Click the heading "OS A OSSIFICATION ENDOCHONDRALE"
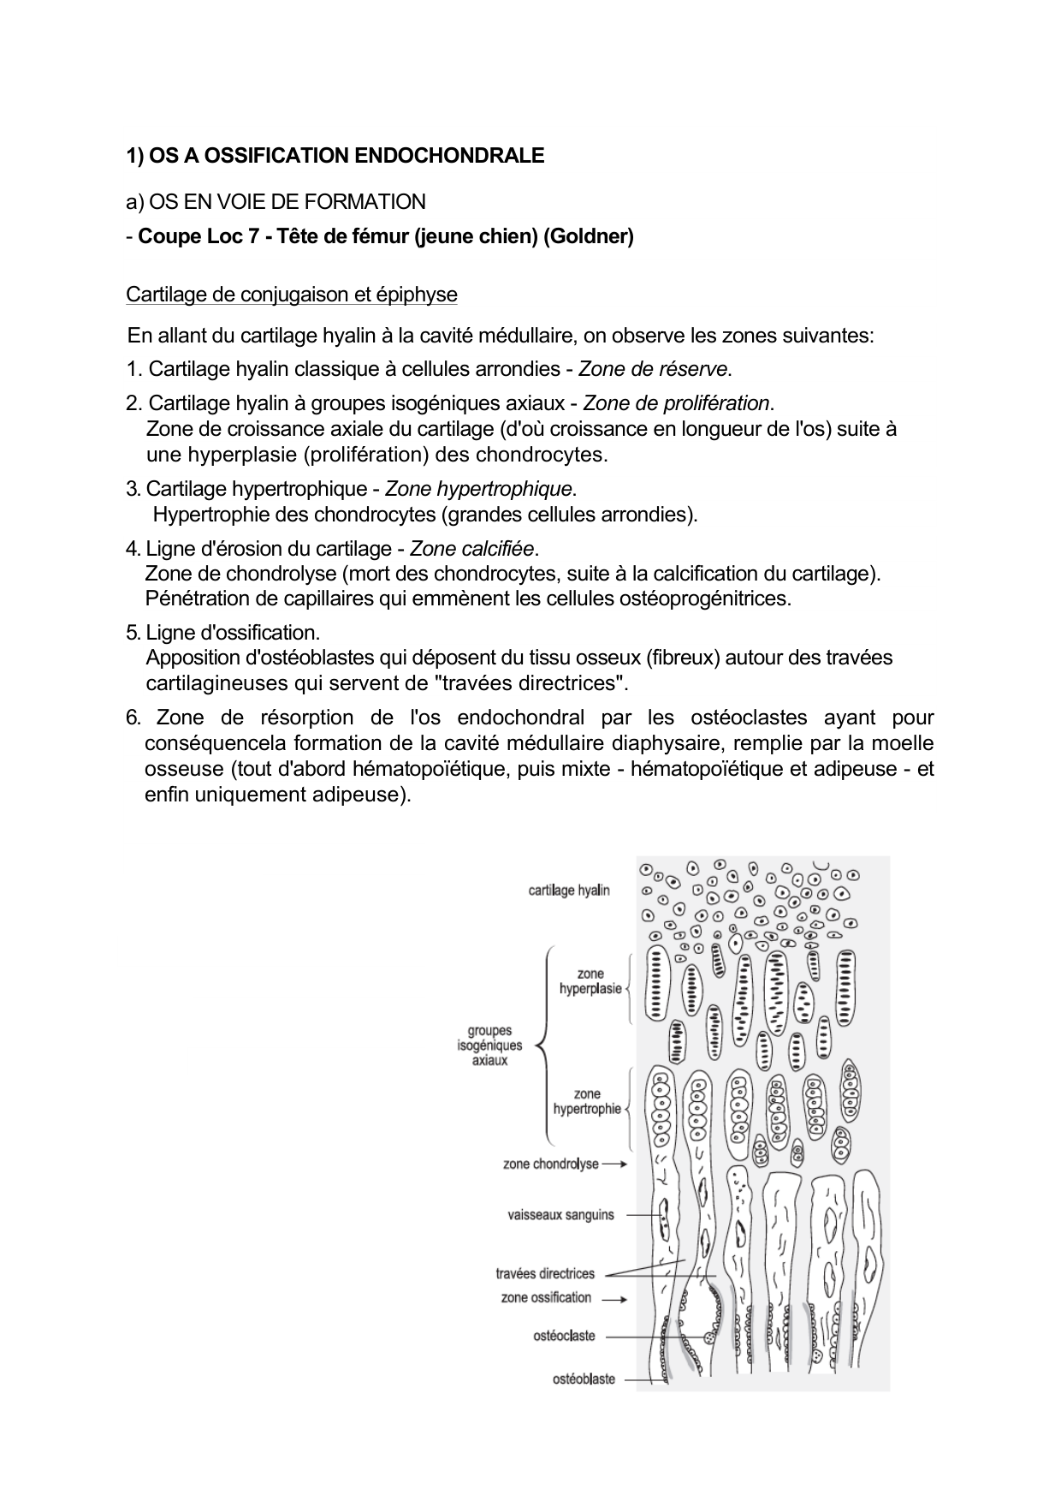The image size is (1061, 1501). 346,156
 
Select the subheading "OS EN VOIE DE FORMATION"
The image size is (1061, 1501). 287,202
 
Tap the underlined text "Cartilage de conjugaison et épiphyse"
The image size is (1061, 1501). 291,295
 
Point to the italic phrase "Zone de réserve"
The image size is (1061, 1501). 654,369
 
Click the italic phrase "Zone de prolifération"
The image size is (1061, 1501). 677,402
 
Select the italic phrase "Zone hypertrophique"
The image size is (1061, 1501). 478,489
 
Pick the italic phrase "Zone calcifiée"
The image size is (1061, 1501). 471,548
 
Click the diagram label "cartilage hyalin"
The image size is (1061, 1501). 569,890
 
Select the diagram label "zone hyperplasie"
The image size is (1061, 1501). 590,981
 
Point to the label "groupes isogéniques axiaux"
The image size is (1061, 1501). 489,1045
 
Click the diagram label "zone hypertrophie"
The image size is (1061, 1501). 587,1101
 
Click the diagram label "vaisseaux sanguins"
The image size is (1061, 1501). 560,1214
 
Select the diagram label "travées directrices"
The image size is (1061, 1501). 545,1273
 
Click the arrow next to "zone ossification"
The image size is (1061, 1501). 614,1298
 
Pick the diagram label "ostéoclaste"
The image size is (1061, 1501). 564,1336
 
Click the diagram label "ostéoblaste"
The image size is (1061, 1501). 584,1379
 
